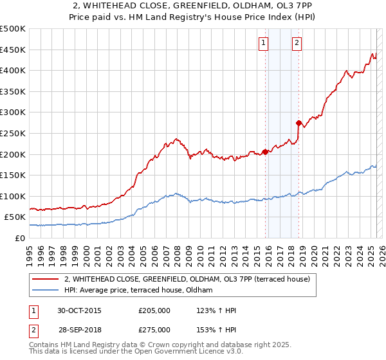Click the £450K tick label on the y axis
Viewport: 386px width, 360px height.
[x=14, y=50]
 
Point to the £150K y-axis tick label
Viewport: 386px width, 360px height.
[x=14, y=175]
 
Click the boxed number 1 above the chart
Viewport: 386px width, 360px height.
[x=264, y=43]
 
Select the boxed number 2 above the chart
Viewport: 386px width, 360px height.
[x=297, y=43]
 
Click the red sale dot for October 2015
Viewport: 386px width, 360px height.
[x=266, y=152]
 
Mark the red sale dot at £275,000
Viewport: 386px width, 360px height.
[x=299, y=123]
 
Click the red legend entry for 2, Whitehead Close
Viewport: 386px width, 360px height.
[x=187, y=279]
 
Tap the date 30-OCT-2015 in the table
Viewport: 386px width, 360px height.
[x=79, y=310]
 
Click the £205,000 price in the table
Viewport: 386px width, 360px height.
[x=154, y=310]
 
